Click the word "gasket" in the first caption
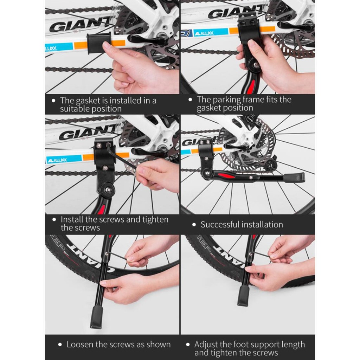pyautogui.click(x=88, y=101)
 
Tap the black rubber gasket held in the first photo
pyautogui.click(x=98, y=43)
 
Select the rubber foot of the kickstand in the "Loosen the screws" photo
pyautogui.click(x=96, y=317)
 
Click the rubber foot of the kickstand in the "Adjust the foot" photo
pyautogui.click(x=243, y=296)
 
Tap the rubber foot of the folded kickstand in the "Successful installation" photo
pyautogui.click(x=295, y=178)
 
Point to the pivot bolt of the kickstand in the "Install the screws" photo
pyautogui.click(x=108, y=189)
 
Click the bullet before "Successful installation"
pyautogui.click(x=194, y=225)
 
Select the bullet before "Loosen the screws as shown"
pyautogui.click(x=60, y=345)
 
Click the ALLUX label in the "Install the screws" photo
pyautogui.click(x=57, y=160)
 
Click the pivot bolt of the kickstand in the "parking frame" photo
pyautogui.click(x=256, y=65)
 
